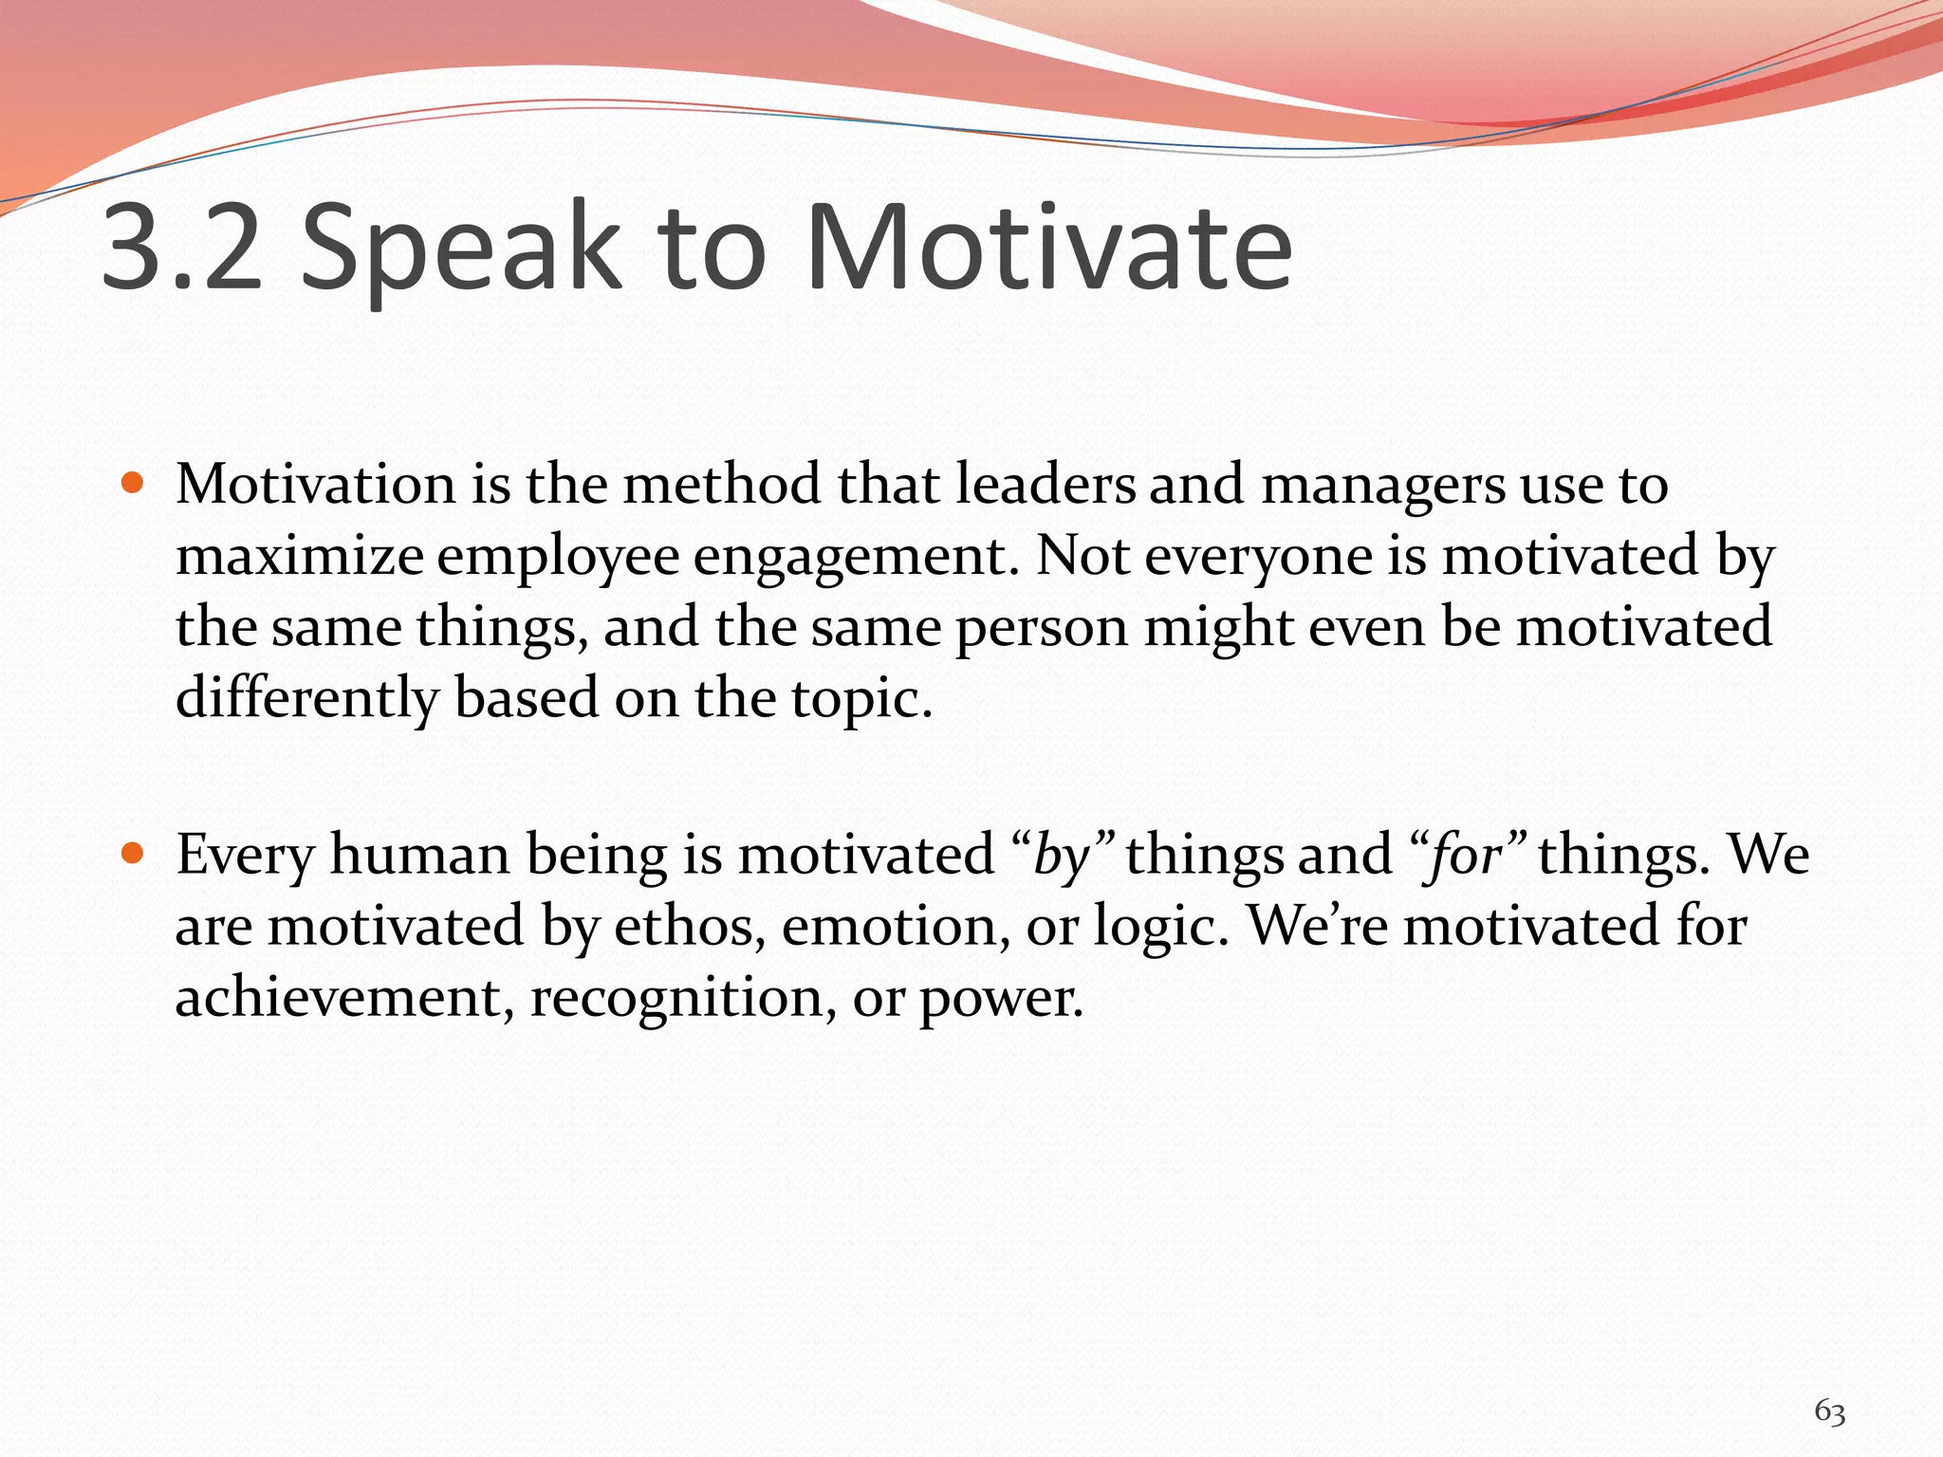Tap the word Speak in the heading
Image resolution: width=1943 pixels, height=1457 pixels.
coord(461,249)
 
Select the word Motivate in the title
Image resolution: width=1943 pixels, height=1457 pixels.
coord(1048,249)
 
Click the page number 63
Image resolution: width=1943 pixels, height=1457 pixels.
coord(1829,1411)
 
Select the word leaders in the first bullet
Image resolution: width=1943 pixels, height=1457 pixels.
coord(1045,485)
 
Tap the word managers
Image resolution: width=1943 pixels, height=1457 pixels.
coord(1382,487)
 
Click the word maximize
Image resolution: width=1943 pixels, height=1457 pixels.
coord(300,557)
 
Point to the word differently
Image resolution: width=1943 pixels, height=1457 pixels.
coord(306,699)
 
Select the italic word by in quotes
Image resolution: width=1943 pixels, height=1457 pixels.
coord(1064,857)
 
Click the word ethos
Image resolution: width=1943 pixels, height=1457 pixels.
coord(690,927)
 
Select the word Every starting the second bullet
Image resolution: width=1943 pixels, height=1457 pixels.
coord(245,857)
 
